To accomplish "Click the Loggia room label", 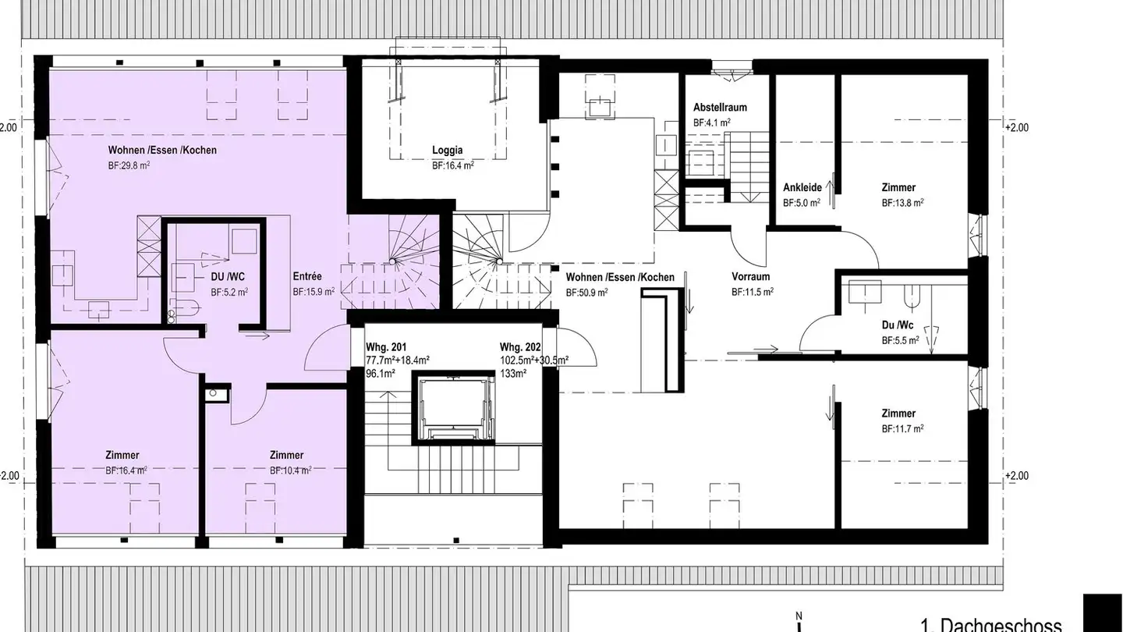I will point(448,151).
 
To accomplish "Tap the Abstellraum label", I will point(720,108).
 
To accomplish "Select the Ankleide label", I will point(802,188).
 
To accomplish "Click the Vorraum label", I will point(750,277).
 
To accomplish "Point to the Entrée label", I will point(307,276).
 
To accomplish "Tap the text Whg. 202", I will point(521,347).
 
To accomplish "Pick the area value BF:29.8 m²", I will point(129,165).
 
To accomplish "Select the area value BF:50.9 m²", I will point(587,293).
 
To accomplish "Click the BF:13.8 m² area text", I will point(903,203).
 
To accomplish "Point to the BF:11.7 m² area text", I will point(903,429).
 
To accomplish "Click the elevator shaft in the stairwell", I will point(453,408).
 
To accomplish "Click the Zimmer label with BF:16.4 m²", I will point(122,456).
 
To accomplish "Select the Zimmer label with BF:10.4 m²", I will point(286,456).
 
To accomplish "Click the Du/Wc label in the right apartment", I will point(898,325).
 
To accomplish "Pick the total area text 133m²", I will point(513,374).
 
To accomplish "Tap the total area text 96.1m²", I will point(381,374).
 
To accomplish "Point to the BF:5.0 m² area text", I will point(802,203).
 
